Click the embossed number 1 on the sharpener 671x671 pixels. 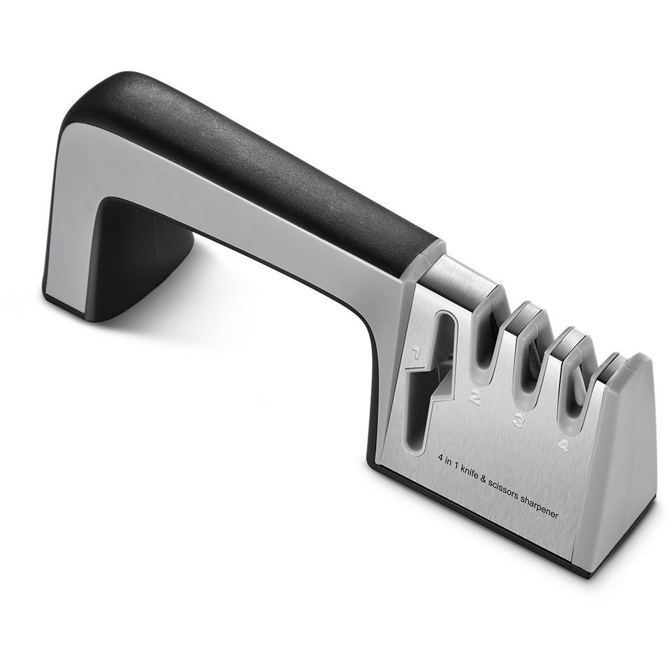click(416, 355)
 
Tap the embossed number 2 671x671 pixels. click(475, 398)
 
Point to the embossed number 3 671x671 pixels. click(519, 421)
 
